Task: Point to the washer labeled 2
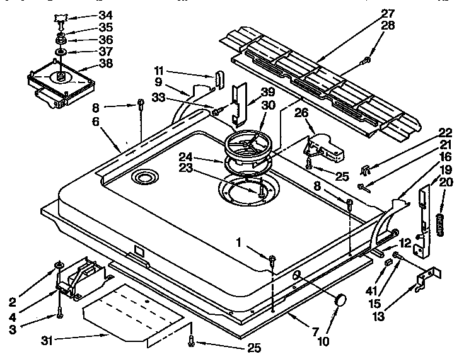pos(57,264)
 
